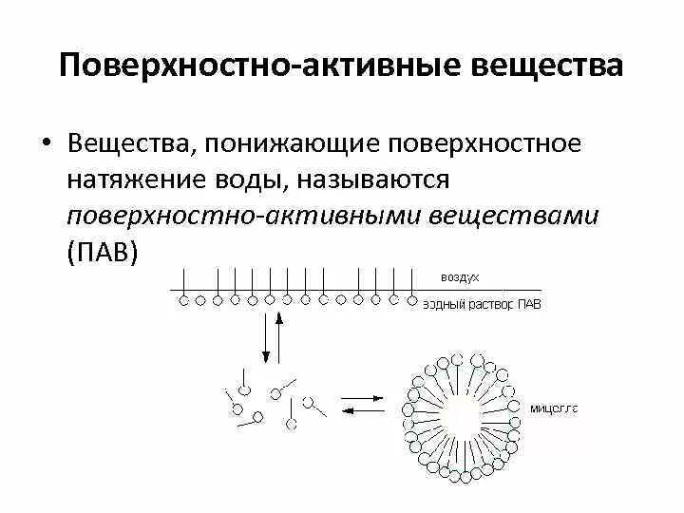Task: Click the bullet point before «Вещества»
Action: [45, 145]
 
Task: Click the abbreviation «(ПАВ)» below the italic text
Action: [104, 251]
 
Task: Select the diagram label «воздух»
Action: [460, 275]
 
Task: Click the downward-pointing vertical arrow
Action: [266, 336]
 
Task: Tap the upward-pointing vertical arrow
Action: [279, 336]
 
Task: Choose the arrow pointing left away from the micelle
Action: [359, 410]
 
